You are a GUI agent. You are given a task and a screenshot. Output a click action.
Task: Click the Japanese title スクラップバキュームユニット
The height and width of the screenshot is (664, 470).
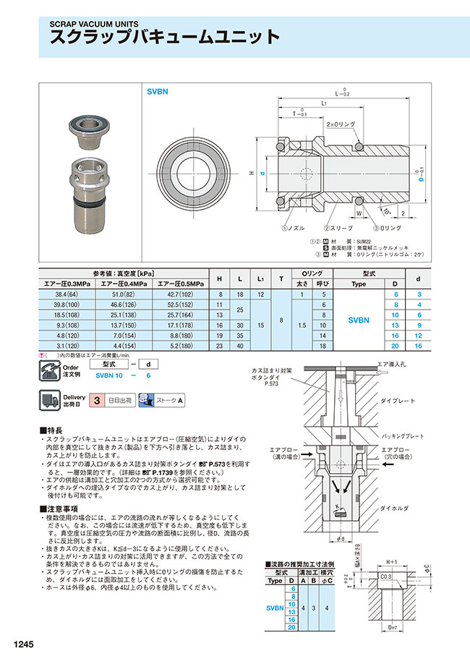point(164,38)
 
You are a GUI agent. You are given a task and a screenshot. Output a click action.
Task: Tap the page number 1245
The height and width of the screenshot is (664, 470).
point(22,643)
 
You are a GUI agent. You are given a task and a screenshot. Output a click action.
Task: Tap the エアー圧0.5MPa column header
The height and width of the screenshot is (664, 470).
point(177,284)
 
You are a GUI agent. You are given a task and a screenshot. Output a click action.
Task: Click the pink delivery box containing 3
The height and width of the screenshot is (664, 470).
point(97,400)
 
